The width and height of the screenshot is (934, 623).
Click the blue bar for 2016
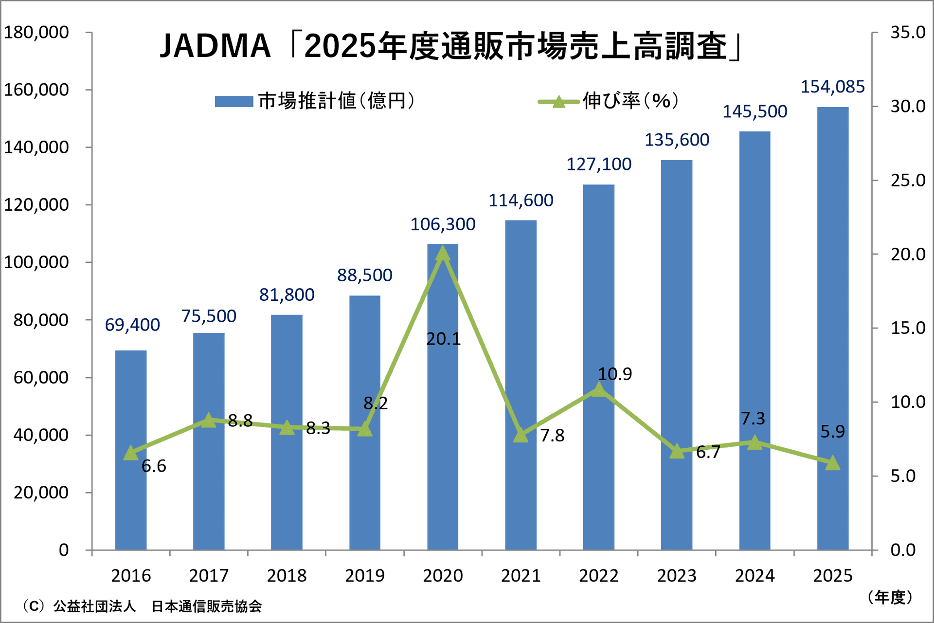point(131,450)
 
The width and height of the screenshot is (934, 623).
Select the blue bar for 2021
point(521,385)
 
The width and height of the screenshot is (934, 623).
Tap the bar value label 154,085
point(833,87)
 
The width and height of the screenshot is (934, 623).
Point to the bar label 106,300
point(443,224)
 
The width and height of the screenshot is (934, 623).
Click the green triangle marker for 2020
point(443,254)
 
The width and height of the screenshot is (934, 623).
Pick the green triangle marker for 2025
point(833,463)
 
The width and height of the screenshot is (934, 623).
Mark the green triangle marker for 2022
point(599,389)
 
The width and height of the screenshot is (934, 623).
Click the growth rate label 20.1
point(443,339)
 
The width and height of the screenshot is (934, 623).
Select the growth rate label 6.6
point(154,466)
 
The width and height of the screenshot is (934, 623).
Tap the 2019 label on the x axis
point(365,576)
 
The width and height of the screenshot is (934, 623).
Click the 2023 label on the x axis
point(677,576)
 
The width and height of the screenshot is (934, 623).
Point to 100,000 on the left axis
point(36,262)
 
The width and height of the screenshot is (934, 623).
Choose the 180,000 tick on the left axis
point(36,33)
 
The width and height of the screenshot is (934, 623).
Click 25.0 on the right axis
point(908,181)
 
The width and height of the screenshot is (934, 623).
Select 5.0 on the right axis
point(903,476)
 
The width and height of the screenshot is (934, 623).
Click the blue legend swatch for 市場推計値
point(234,101)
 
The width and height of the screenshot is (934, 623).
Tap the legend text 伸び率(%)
point(630,101)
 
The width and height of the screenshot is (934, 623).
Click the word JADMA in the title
point(215,46)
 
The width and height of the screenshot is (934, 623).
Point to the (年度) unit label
point(890,597)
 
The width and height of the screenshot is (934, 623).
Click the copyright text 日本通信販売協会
point(207,606)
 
